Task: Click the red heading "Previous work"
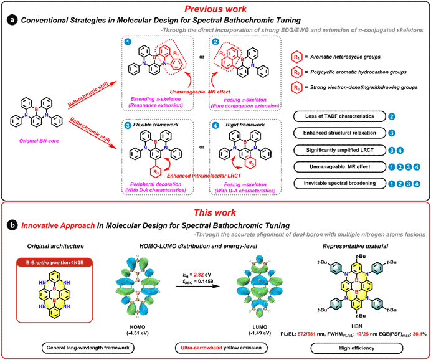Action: point(215,9)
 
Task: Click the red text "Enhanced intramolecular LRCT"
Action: point(202,176)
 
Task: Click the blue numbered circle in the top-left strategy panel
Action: point(128,42)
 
